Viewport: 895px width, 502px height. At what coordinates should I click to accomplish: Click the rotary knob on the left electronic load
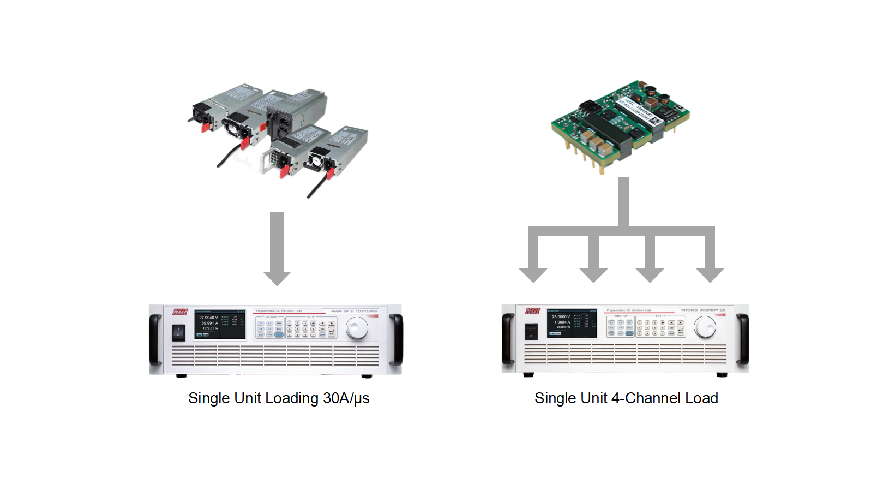coord(357,328)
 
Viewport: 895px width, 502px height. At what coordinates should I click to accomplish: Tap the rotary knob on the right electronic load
coord(705,327)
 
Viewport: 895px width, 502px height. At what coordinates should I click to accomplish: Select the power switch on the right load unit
coord(531,331)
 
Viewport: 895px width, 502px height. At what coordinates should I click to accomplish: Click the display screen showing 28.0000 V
coord(572,323)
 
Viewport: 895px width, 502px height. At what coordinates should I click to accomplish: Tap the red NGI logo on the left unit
coord(180,312)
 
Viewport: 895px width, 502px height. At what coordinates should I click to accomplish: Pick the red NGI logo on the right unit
coord(532,310)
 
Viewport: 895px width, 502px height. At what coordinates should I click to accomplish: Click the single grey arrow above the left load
coord(277,248)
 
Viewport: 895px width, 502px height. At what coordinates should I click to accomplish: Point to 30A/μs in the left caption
coord(346,398)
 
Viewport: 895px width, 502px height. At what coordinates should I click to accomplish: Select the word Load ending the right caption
coord(701,398)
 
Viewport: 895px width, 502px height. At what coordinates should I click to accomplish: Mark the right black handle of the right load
coord(743,339)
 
